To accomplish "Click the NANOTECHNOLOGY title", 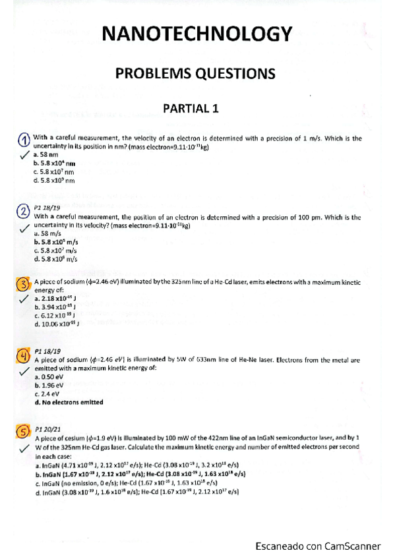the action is tap(196, 34).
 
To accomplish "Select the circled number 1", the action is tap(23, 140).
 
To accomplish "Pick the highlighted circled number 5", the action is tap(23, 430).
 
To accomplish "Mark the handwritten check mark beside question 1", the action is tap(23, 156).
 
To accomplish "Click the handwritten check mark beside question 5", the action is tap(22, 448).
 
